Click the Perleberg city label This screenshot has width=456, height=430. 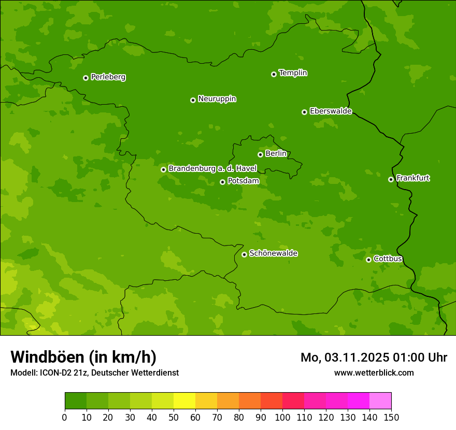pyautogui.click(x=108, y=77)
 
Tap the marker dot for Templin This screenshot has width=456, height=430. pyautogui.click(x=274, y=74)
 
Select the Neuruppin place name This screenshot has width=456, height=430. pyautogui.click(x=217, y=99)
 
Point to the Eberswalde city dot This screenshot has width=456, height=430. pyautogui.click(x=304, y=112)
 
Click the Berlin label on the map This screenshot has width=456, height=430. pyautogui.click(x=276, y=154)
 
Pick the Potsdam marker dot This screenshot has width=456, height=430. pyautogui.click(x=222, y=182)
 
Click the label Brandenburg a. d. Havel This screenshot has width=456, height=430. pyautogui.click(x=212, y=169)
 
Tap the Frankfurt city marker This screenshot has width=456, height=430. pyautogui.click(x=391, y=179)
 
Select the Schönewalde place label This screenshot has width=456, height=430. pyautogui.click(x=273, y=253)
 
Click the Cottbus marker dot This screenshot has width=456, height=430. pyautogui.click(x=368, y=260)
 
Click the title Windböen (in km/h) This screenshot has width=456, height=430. pyautogui.click(x=83, y=357)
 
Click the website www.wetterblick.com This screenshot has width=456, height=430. pyautogui.click(x=374, y=372)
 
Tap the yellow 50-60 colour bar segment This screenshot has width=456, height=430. pyautogui.click(x=184, y=401)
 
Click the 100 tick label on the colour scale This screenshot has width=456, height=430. pyautogui.click(x=282, y=417)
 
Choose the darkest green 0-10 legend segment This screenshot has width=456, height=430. pyautogui.click(x=76, y=401)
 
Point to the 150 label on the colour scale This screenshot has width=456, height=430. pyautogui.click(x=391, y=417)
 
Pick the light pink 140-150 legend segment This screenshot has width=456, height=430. pyautogui.click(x=380, y=401)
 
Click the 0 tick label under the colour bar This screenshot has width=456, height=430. pyautogui.click(x=65, y=417)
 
